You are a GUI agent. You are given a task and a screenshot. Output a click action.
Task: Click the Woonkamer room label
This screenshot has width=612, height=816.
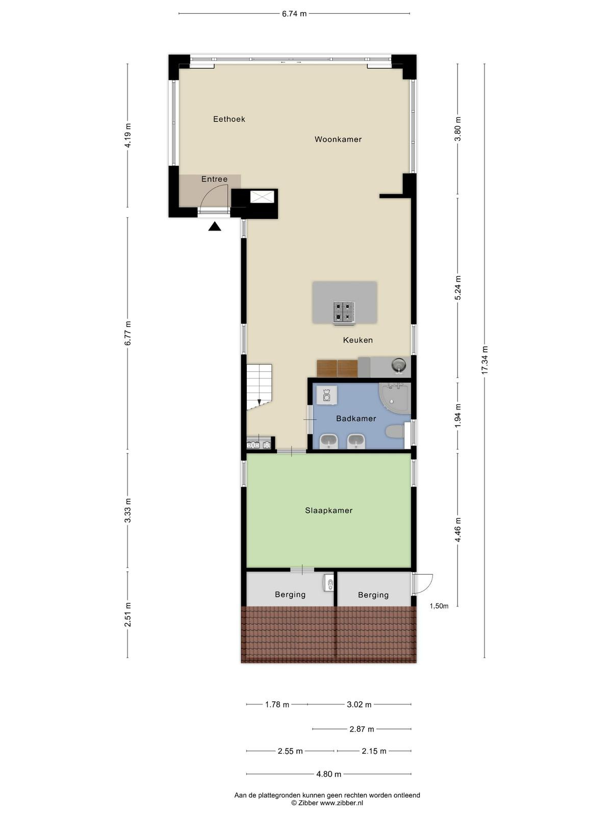click(x=338, y=139)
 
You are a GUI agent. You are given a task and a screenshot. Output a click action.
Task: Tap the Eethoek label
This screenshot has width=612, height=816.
click(x=229, y=119)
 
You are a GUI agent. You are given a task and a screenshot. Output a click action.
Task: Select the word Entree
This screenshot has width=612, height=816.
click(x=214, y=179)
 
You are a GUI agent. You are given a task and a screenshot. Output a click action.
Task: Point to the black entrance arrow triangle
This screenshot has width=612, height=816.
click(x=214, y=226)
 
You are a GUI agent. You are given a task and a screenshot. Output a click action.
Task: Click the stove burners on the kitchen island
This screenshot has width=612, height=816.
click(x=343, y=312)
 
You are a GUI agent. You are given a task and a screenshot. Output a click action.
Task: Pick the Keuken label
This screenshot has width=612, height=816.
click(x=358, y=340)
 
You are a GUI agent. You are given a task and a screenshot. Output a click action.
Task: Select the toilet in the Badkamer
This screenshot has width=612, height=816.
click(x=395, y=432)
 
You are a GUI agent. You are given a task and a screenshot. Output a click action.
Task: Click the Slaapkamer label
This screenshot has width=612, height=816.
click(x=329, y=511)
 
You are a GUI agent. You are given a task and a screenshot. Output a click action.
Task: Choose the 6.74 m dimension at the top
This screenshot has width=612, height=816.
click(x=294, y=14)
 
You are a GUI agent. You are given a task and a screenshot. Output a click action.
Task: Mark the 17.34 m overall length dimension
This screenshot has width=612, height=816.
click(x=484, y=360)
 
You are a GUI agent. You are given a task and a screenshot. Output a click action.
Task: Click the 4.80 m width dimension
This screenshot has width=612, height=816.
click(x=328, y=774)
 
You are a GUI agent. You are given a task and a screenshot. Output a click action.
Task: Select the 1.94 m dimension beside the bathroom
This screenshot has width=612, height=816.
click(x=458, y=416)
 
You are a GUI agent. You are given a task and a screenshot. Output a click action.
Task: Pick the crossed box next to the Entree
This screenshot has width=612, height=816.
click(x=262, y=197)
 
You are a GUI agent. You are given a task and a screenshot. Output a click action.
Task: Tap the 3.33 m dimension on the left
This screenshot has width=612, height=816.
click(x=127, y=511)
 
